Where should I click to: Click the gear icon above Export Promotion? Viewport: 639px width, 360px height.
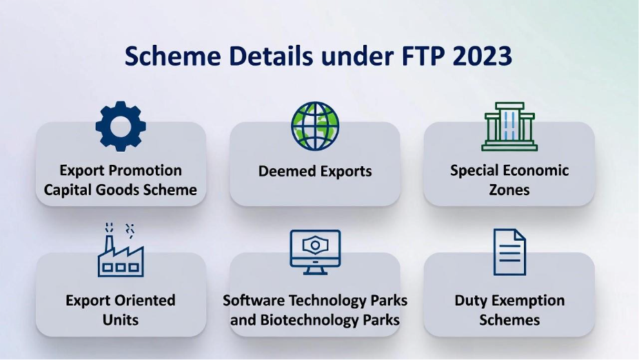click(x=121, y=126)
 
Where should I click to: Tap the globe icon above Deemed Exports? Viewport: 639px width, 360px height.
click(x=315, y=126)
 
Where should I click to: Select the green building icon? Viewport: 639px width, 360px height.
click(x=509, y=126)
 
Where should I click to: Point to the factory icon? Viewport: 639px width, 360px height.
click(x=121, y=250)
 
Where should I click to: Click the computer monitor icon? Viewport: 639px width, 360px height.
click(x=315, y=252)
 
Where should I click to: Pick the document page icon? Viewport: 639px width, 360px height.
click(x=509, y=252)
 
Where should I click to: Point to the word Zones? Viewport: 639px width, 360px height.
click(x=509, y=190)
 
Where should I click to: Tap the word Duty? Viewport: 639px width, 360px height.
click(x=469, y=301)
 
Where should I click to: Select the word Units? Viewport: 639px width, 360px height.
click(x=121, y=320)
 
